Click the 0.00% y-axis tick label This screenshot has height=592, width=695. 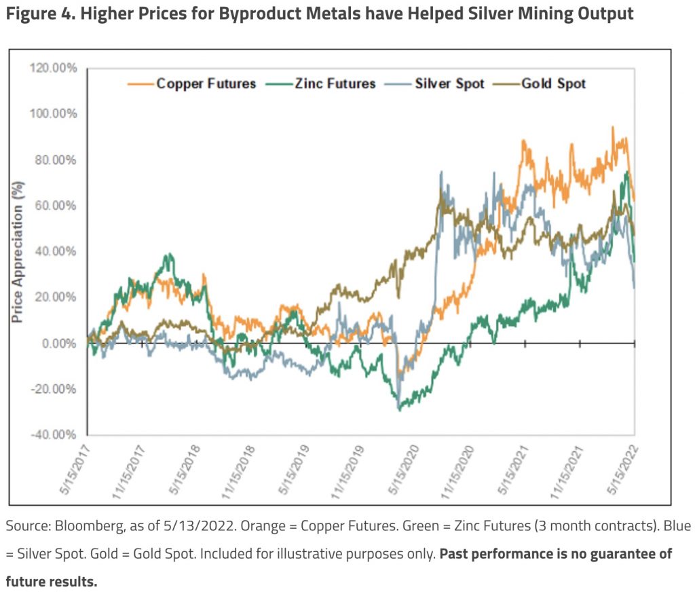point(58,344)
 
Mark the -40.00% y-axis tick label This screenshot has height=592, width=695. point(54,435)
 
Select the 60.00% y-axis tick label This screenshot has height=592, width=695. point(56,206)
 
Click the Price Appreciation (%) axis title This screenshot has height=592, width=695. point(19,251)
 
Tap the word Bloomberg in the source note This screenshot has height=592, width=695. point(77,526)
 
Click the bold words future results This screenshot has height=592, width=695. point(52,582)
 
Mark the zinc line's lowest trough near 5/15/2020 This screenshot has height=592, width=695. point(400,409)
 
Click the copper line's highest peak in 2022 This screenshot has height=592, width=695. point(613,128)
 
